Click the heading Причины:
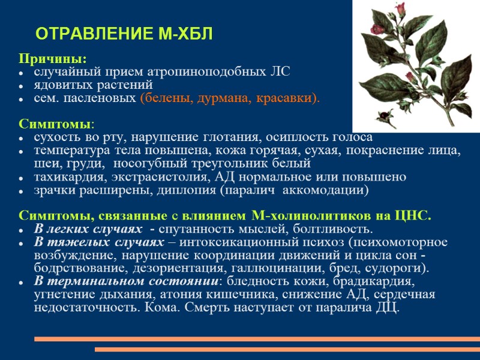tap(52, 59)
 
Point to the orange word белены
tap(163, 98)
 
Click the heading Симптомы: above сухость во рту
tap(56, 124)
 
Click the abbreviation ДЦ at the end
tap(385, 308)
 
